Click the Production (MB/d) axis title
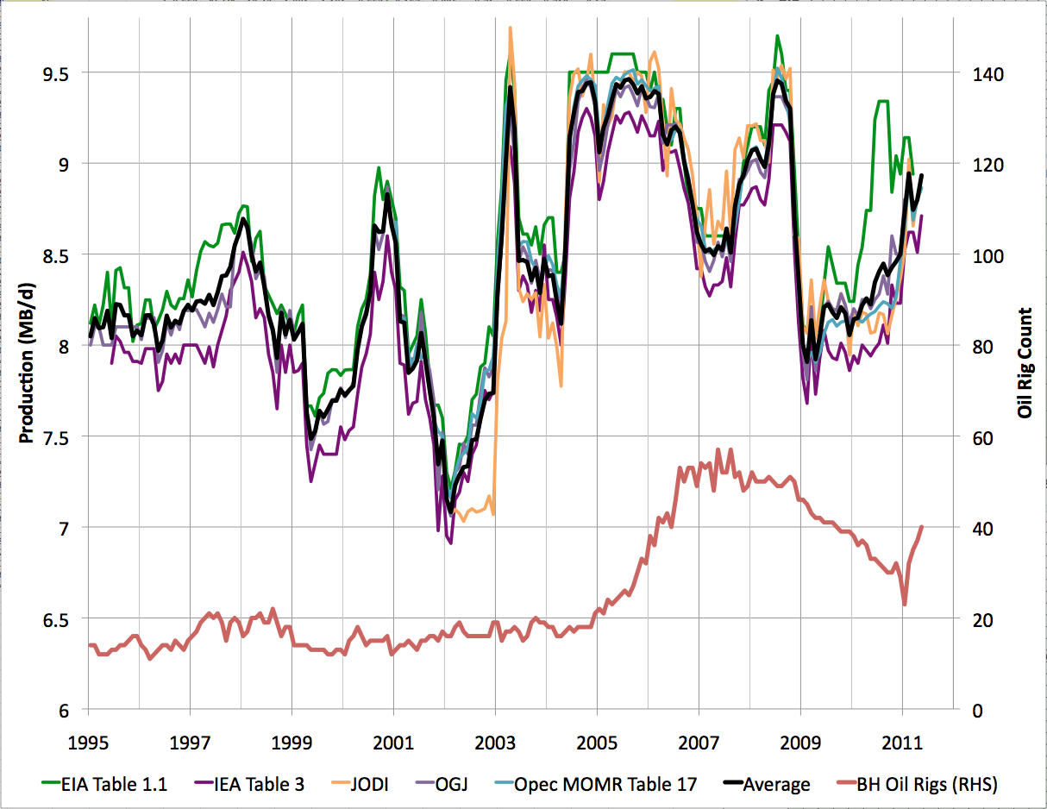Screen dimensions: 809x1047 [25, 362]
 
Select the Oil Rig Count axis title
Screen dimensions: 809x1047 [1025, 362]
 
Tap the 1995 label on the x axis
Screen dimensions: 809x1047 [88, 742]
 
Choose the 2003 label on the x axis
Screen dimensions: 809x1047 [495, 742]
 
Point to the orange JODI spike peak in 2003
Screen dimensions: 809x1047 [511, 28]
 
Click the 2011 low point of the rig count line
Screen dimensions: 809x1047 [905, 605]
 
